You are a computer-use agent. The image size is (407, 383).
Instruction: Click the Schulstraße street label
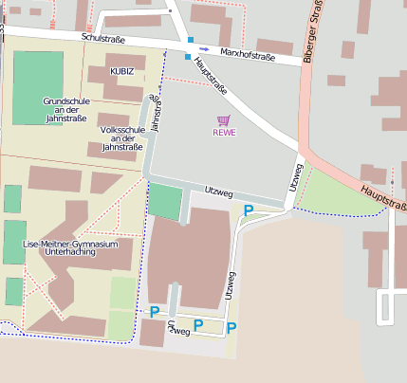click(x=105, y=38)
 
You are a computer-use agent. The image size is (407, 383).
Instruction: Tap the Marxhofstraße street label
click(x=247, y=56)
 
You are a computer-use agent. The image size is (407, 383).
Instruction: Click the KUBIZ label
click(x=121, y=71)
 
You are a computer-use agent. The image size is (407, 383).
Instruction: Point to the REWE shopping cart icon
click(x=224, y=120)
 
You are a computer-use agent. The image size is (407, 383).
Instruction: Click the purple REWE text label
click(x=224, y=133)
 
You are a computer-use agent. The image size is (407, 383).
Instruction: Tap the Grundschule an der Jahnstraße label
click(x=65, y=109)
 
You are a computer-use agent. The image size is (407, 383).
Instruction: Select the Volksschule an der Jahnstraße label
click(x=121, y=138)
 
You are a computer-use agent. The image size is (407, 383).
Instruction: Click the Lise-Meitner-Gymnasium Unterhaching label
click(x=71, y=249)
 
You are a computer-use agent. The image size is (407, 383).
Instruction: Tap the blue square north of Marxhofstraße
click(x=191, y=40)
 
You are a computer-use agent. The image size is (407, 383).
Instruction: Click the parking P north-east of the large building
click(x=249, y=210)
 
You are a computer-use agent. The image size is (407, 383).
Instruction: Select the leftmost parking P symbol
click(x=155, y=311)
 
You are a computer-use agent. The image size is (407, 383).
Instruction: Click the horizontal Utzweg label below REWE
click(x=218, y=191)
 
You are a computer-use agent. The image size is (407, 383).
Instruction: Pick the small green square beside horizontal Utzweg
click(x=165, y=202)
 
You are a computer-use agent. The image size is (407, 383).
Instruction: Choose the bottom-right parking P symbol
click(x=231, y=328)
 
